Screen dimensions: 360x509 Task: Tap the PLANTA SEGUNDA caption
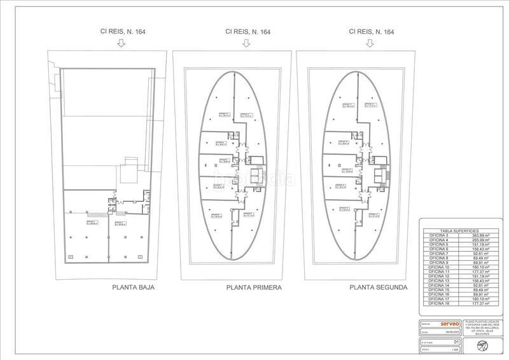[x=379, y=287]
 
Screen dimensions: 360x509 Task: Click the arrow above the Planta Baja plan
[x=123, y=43]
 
